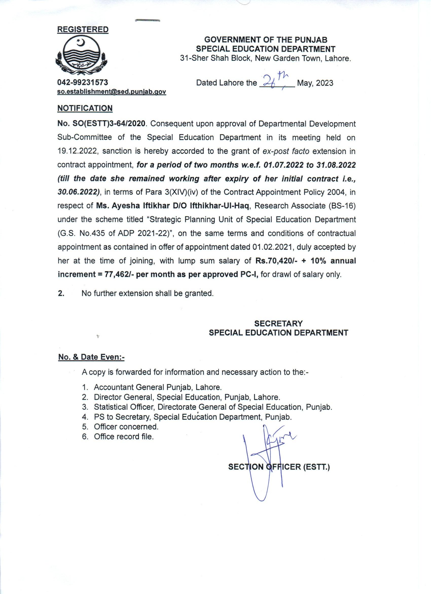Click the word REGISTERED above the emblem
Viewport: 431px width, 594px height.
(x=83, y=30)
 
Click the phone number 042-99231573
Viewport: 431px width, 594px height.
(x=83, y=82)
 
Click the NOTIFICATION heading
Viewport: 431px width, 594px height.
(x=85, y=108)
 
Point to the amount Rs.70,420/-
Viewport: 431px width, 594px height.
(x=277, y=261)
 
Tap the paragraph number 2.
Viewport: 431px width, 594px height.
(x=61, y=293)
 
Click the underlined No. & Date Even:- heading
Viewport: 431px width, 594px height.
(x=91, y=357)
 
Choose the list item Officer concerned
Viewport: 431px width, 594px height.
(x=126, y=427)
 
